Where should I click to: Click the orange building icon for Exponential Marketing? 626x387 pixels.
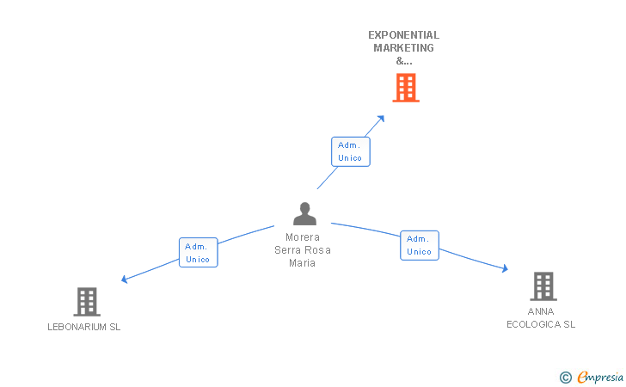pos(406,88)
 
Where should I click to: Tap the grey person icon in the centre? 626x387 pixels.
pos(304,214)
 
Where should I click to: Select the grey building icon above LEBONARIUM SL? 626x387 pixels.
pos(87,302)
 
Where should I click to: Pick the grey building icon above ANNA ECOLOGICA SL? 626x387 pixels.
pos(543,286)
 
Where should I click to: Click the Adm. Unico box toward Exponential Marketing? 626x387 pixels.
pos(351,151)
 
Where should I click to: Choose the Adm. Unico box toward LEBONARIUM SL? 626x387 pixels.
pos(198,253)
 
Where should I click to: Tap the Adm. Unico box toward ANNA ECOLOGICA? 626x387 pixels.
pos(420,245)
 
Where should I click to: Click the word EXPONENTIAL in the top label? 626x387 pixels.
pos(403,35)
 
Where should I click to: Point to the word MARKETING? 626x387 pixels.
pos(403,48)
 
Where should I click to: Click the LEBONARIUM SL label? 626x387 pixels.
pos(84,328)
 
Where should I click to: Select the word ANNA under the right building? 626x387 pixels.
pos(541,311)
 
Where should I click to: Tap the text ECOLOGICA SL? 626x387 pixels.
pos(541,324)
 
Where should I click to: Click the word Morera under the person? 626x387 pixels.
pos(303,237)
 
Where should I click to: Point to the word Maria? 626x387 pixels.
pos(303,263)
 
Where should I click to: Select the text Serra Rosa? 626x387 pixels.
pos(303,250)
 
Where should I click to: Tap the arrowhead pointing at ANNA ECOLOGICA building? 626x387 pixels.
pos(505,269)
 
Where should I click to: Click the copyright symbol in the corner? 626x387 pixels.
pos(565,377)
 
